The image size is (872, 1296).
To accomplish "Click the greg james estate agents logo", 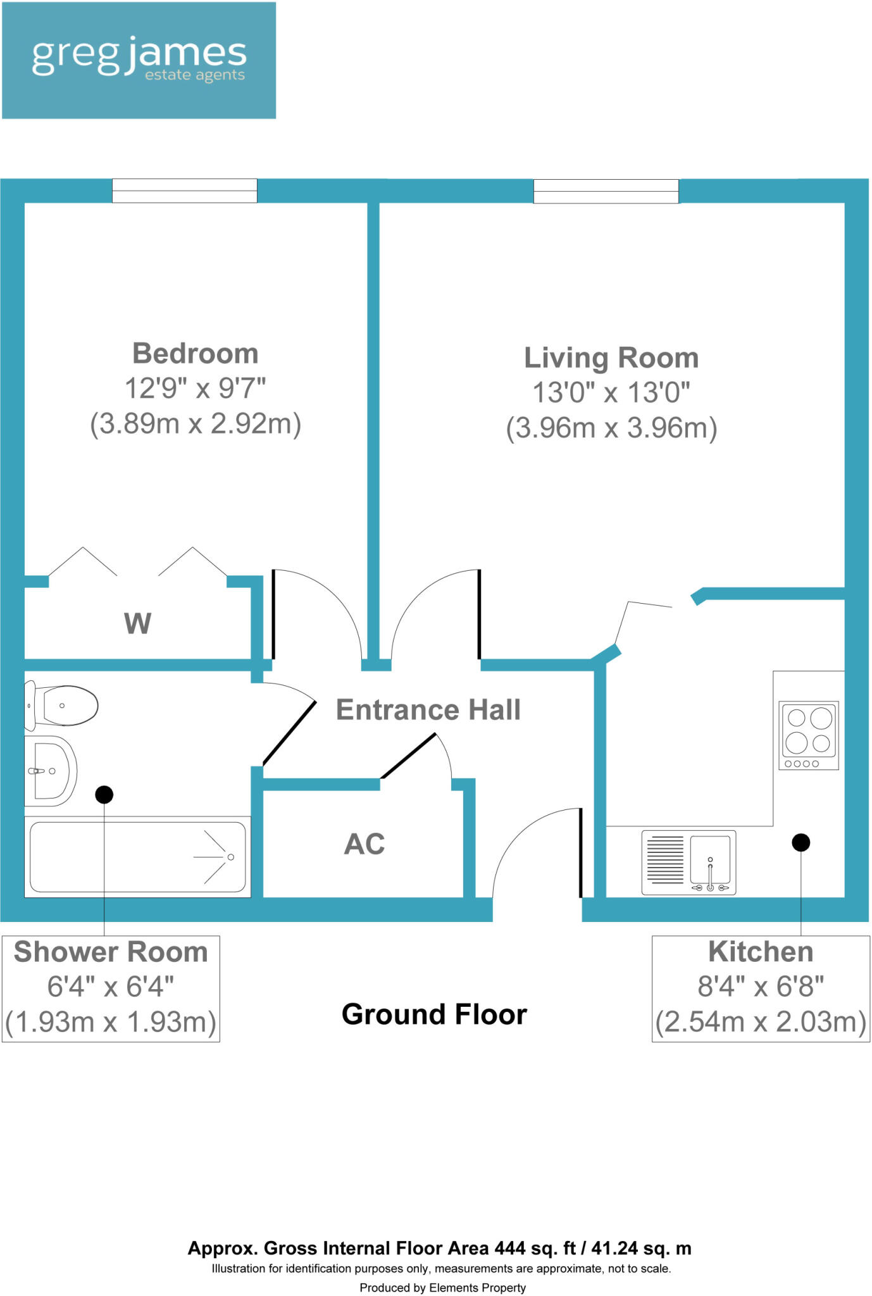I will point(139,60).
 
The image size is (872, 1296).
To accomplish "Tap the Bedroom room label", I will point(195,353).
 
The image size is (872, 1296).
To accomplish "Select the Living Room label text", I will point(611,358).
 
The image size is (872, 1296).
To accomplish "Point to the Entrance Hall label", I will point(428,709).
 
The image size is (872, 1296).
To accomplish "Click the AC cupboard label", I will point(364,844).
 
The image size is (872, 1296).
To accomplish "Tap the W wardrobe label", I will point(137,623).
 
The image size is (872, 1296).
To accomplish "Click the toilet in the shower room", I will point(61,706).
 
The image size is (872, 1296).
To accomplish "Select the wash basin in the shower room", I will point(51,771).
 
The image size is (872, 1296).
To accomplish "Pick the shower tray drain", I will point(231,857).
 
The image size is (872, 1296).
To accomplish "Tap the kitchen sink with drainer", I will point(688,862).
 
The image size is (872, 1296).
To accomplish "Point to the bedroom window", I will point(185,190).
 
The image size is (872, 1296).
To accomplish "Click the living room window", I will point(606,190).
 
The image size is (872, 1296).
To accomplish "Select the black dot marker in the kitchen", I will point(800,842).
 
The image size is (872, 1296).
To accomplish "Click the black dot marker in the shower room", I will point(104,794).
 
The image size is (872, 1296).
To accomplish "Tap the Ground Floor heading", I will point(434,1014).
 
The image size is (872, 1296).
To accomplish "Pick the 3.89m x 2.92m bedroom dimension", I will point(195,423).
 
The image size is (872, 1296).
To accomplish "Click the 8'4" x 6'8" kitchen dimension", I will point(761,986).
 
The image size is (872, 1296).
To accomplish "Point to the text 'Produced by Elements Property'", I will point(442,1287).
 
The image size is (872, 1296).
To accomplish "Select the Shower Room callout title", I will point(111,952).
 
